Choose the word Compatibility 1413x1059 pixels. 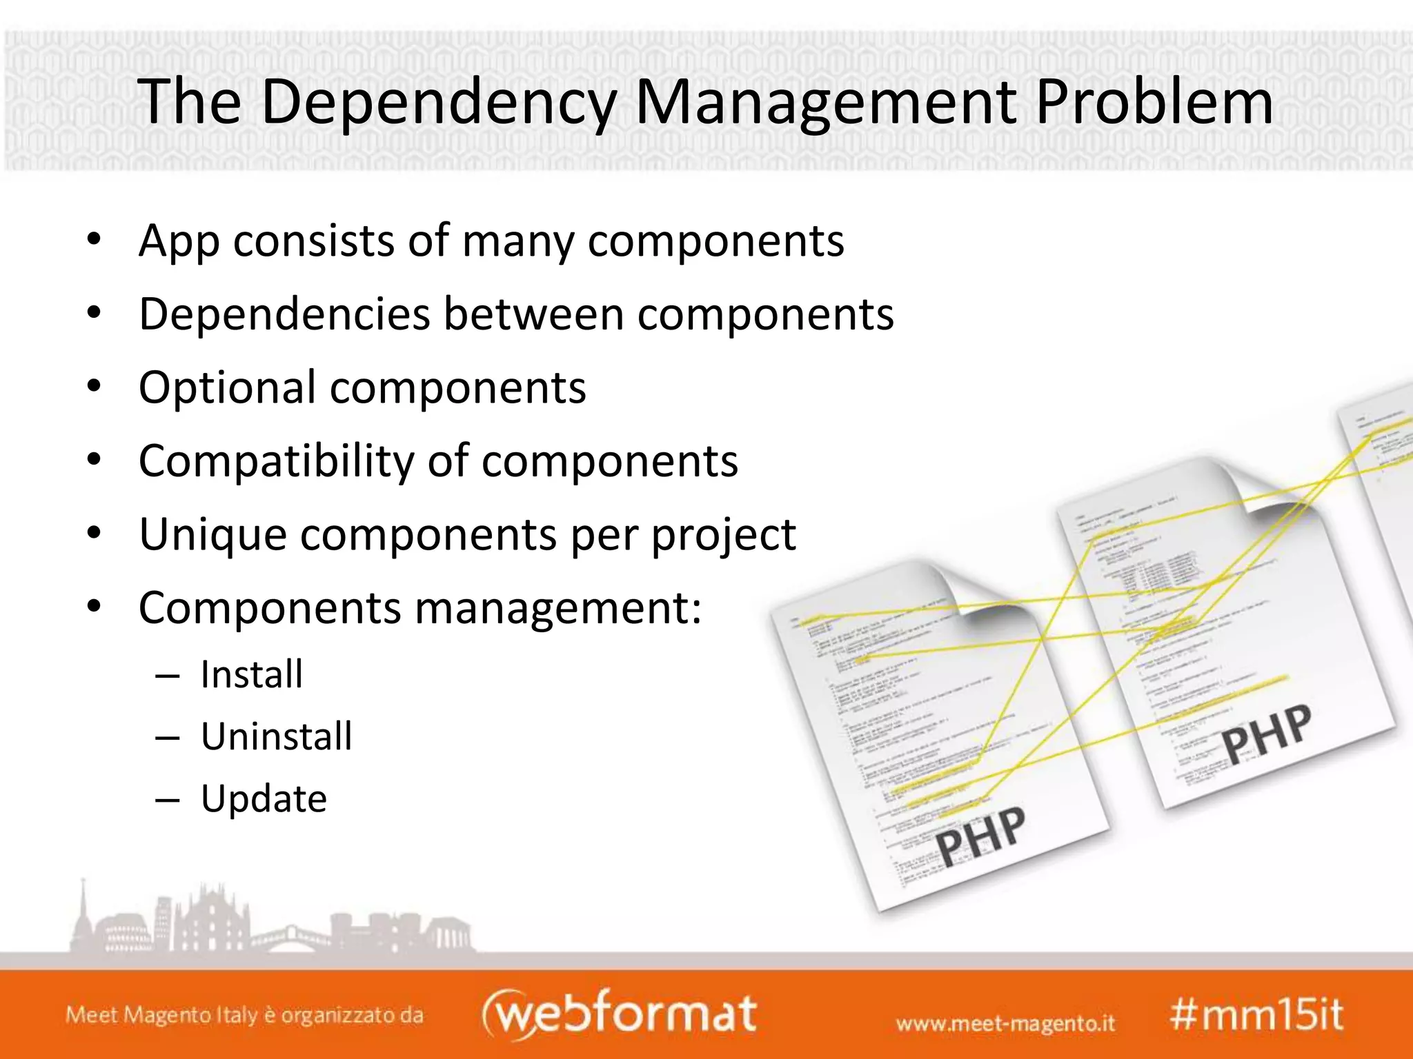275,461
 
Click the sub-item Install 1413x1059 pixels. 252,674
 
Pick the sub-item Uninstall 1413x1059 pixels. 277,736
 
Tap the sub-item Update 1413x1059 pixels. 264,799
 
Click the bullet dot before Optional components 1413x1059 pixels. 95,386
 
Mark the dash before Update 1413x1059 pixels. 168,800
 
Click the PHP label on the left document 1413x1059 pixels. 980,836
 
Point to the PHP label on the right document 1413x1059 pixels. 1267,734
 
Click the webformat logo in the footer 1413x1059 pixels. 619,1013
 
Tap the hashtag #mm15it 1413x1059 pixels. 1256,1015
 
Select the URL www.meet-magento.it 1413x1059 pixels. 1005,1022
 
